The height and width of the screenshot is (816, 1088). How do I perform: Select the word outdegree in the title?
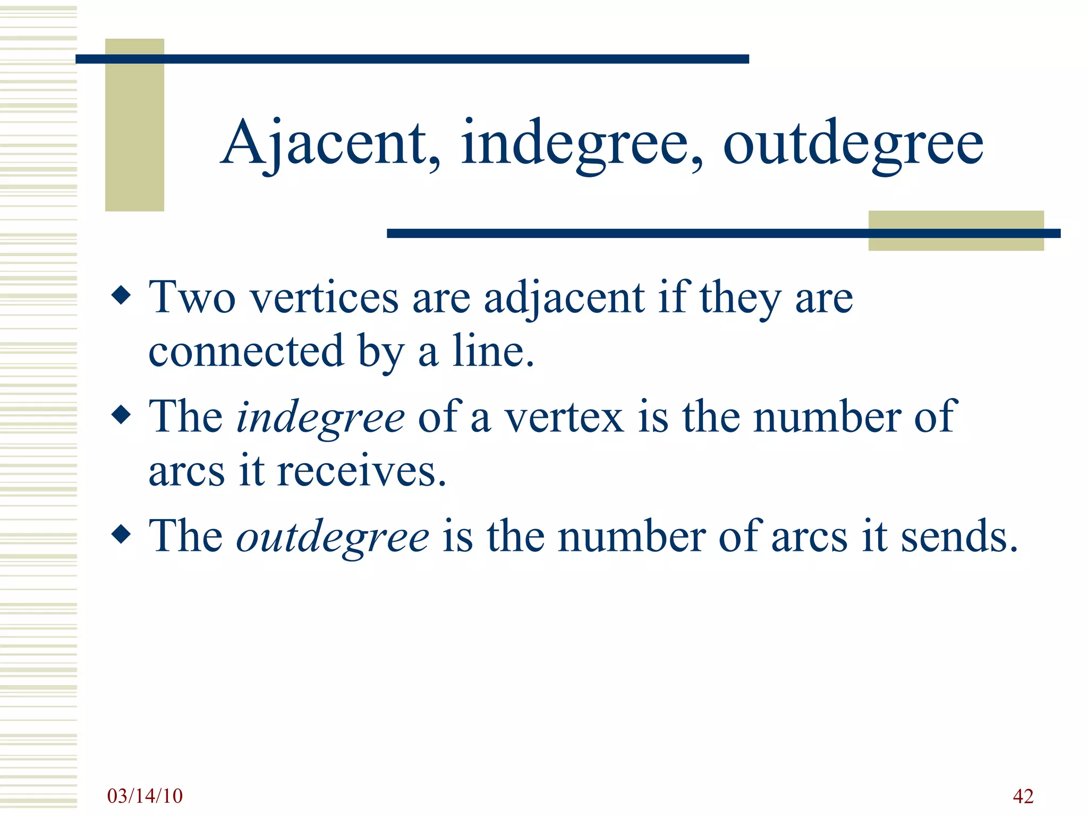pos(853,143)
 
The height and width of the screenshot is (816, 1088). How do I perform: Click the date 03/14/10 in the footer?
pos(144,796)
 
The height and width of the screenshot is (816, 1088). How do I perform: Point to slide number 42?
pos(1023,796)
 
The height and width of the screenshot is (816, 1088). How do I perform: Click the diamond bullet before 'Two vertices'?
pos(122,295)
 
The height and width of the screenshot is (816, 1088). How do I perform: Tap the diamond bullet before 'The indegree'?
pos(122,415)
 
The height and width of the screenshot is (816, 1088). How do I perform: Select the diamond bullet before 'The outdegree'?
pos(122,534)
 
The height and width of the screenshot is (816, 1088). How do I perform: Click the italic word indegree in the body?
pos(320,418)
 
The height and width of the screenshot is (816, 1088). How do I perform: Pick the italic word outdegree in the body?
pos(333,537)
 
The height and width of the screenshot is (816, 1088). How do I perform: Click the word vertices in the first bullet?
pos(324,297)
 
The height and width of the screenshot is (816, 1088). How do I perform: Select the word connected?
pos(246,351)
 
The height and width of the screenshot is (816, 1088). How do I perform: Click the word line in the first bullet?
pos(492,351)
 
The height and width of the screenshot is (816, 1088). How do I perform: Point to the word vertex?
pos(564,418)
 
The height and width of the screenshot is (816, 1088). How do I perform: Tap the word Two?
pos(192,297)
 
